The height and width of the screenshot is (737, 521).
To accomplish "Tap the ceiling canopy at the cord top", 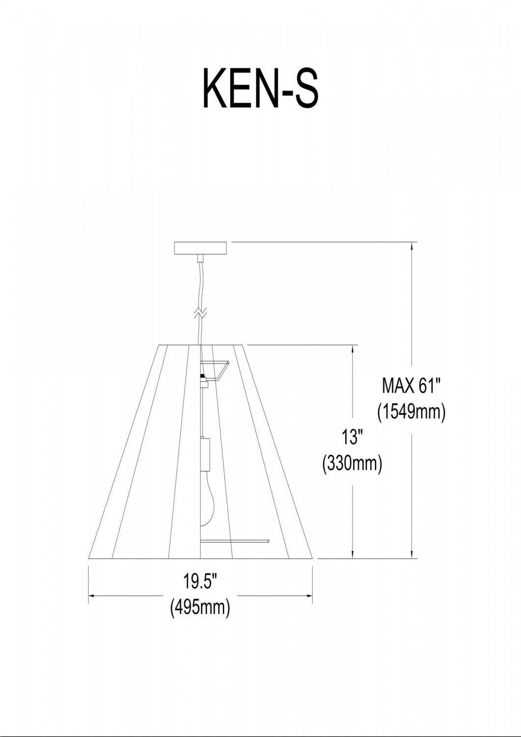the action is pyautogui.click(x=201, y=248).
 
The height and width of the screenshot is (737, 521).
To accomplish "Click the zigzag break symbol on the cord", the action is pyautogui.click(x=200, y=313).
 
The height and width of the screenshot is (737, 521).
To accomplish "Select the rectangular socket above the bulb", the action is pyautogui.click(x=205, y=454).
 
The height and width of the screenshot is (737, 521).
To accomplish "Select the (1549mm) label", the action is pyautogui.click(x=411, y=412).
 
